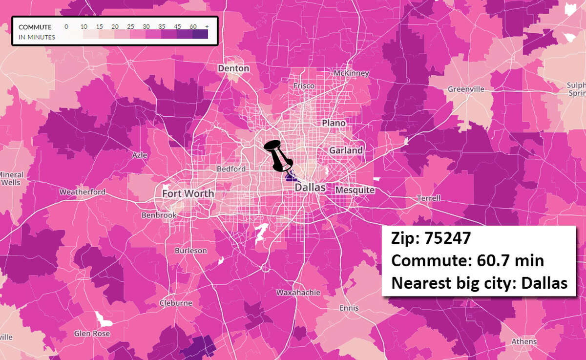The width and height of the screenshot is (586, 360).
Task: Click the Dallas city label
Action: [310, 188]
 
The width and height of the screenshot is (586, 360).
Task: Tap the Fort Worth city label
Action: [188, 193]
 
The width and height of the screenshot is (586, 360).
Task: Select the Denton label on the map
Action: [233, 68]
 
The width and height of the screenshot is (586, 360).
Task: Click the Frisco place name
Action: [304, 86]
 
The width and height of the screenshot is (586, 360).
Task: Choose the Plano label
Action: [334, 123]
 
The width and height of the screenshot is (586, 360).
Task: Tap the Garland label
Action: [346, 150]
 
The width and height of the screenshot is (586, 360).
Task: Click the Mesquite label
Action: [355, 190]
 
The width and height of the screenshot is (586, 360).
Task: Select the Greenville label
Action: [466, 89]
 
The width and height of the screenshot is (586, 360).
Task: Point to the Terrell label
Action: [428, 198]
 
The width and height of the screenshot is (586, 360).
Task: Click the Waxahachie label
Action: [298, 293]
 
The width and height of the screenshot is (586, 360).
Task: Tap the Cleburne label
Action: [176, 303]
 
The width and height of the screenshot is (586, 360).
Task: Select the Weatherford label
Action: [82, 192]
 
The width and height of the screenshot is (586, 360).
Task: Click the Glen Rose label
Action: [92, 334]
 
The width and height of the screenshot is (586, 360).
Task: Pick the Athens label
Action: [523, 341]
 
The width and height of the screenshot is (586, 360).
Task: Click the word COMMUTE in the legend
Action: [35, 27]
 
